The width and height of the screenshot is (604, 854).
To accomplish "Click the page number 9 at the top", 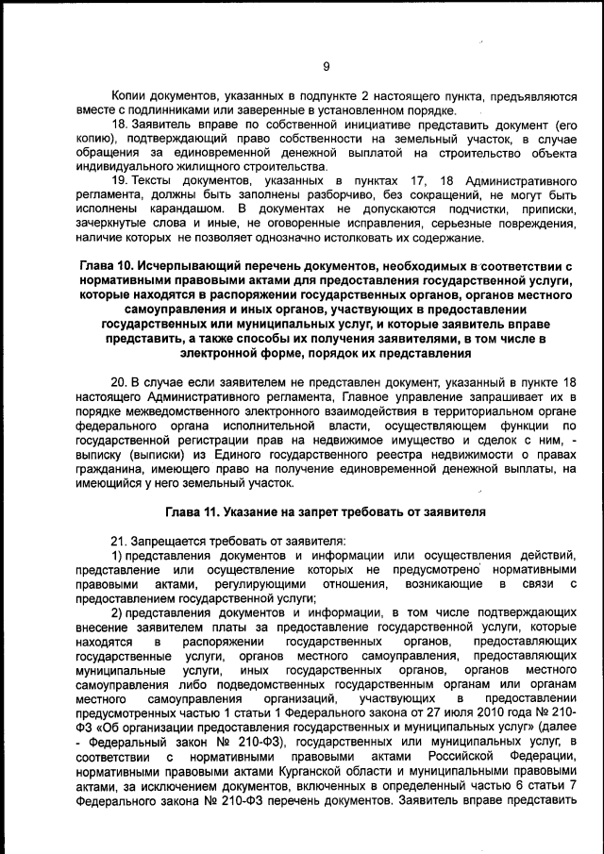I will pyautogui.click(x=326, y=66).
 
